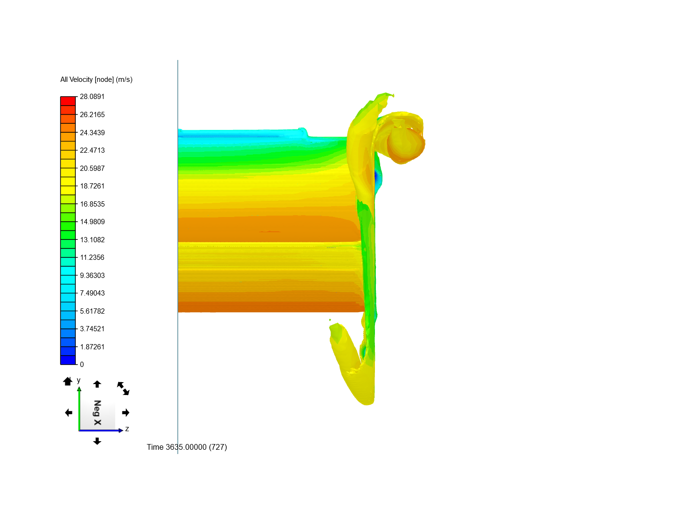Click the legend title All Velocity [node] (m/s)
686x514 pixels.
click(x=96, y=79)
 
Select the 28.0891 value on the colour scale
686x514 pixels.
click(x=92, y=97)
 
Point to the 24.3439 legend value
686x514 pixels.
click(x=92, y=133)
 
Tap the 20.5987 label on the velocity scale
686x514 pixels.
click(x=92, y=168)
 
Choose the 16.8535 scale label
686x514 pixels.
click(x=92, y=204)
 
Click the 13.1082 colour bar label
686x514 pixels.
click(x=92, y=240)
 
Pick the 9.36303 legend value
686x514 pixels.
click(x=92, y=275)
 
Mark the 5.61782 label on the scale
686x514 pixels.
click(x=92, y=311)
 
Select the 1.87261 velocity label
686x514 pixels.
click(x=92, y=347)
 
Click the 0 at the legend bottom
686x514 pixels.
click(x=82, y=365)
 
